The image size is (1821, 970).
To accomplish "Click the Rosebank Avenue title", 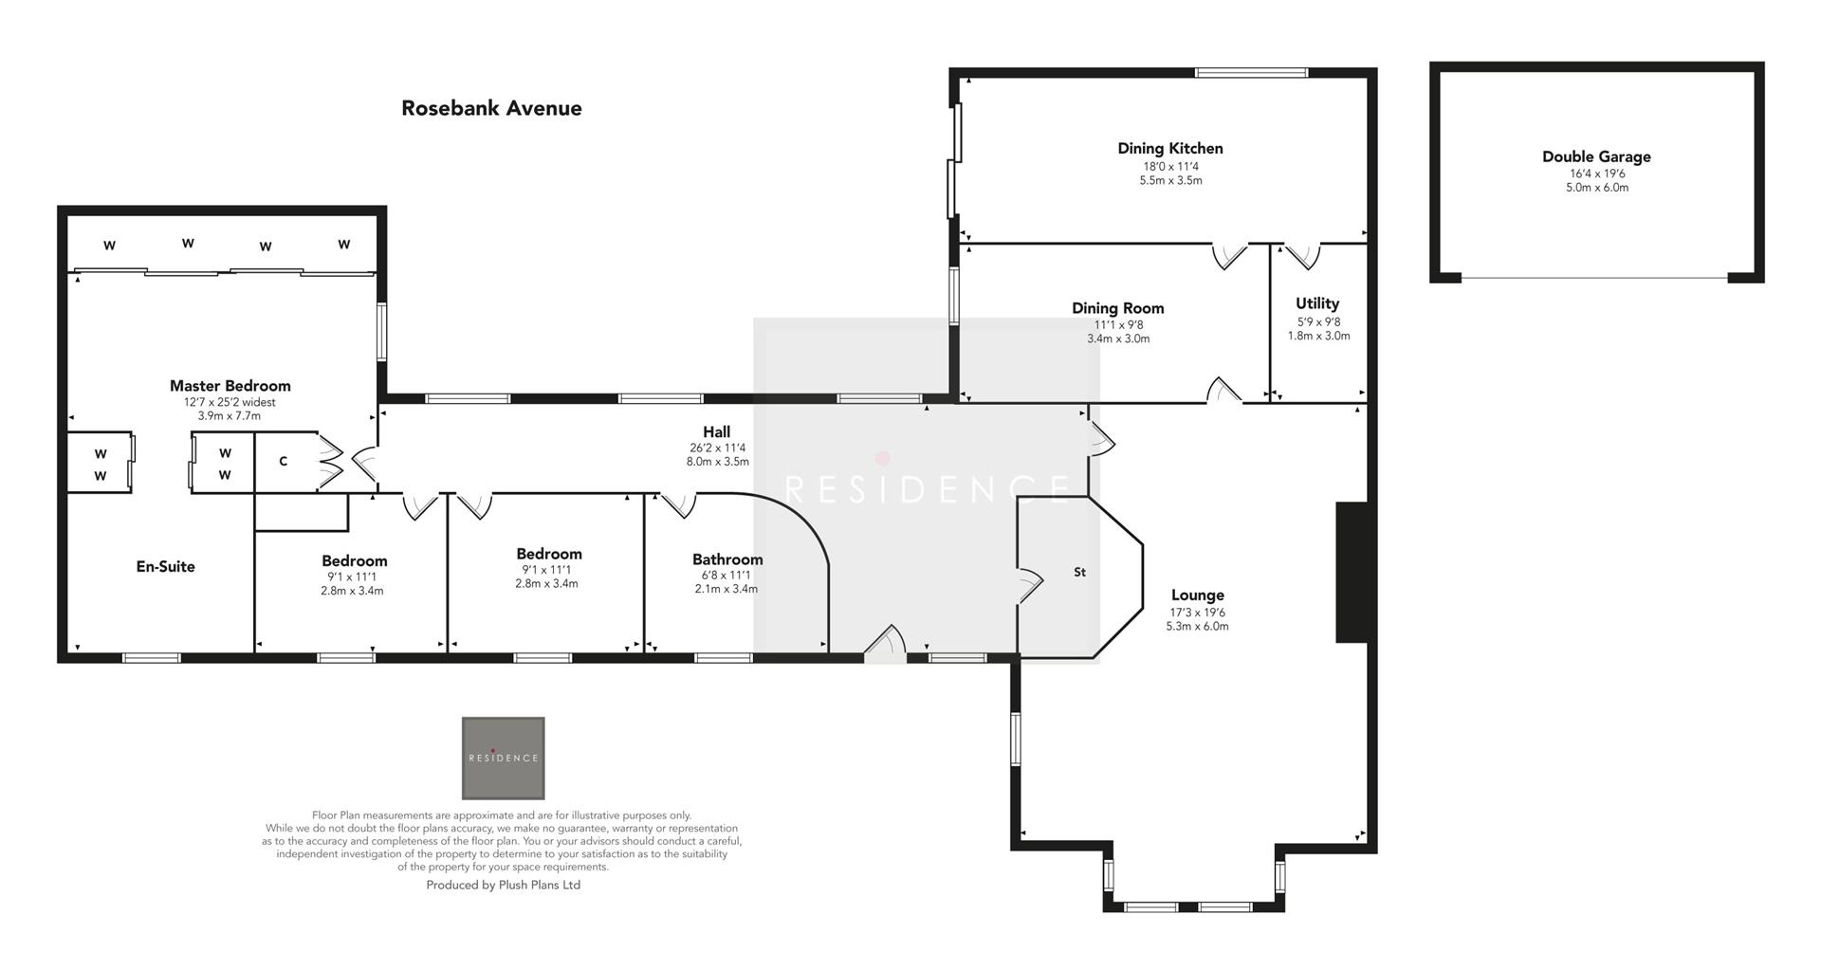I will pos(491,108).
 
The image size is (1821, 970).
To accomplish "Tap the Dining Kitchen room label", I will pos(1169,148).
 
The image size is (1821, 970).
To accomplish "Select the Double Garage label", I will pos(1596,156).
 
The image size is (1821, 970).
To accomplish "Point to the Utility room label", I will pos(1317,303).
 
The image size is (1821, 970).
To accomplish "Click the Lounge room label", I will pos(1197,595).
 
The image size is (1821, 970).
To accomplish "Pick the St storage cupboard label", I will pos(1079,573).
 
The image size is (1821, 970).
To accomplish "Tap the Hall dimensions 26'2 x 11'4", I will pos(717,448).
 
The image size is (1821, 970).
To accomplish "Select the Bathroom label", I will pos(727,559).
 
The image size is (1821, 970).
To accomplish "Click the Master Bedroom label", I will pos(230,386).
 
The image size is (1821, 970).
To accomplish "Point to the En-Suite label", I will pos(166,567).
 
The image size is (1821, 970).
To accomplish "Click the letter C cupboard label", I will pos(283,462).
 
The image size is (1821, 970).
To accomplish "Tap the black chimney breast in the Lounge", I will pos(1351,572).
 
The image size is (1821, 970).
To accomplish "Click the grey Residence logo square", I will pos(503,758).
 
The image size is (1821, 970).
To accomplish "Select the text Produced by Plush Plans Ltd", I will pos(503,886).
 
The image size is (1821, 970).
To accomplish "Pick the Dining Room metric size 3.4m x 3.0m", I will pos(1118,339).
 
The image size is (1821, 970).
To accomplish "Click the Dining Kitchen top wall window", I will pos(1251,72).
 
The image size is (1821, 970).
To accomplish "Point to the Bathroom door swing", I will pos(679,504).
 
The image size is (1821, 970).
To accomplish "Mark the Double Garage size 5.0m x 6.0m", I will pos(1596,188).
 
